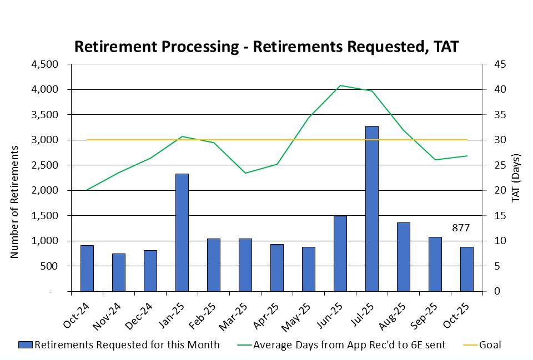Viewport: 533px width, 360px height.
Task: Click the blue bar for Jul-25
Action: [x=371, y=209]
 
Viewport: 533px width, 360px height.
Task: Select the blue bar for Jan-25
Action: [x=182, y=232]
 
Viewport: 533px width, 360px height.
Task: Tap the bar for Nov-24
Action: [x=118, y=272]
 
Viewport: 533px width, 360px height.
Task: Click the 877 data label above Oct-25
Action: [x=460, y=227]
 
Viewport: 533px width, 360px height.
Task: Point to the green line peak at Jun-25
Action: [x=340, y=85]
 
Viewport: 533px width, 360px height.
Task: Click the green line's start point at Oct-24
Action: [x=87, y=190]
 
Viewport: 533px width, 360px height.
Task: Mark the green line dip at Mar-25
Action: [x=245, y=173]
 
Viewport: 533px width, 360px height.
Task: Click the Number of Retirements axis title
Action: [x=15, y=202]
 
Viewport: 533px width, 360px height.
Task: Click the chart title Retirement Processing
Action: [x=266, y=47]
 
